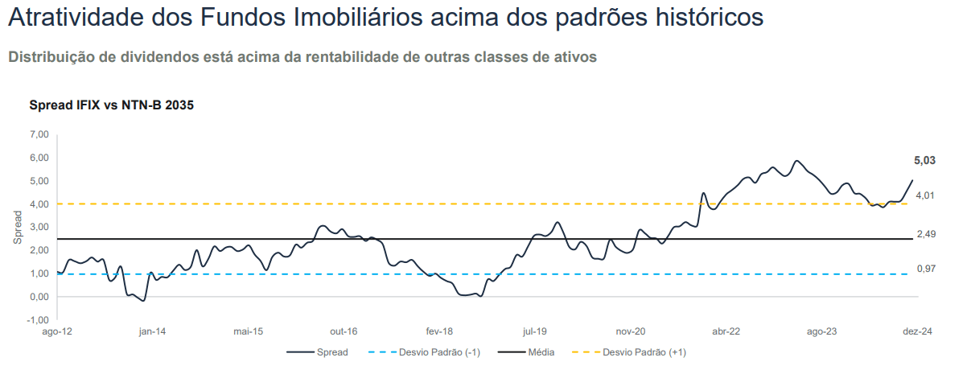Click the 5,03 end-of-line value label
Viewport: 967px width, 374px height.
[x=924, y=161]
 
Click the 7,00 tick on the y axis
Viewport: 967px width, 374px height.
[x=37, y=134]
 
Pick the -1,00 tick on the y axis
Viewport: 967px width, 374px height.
[x=36, y=320]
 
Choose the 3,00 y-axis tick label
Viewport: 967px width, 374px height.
[x=37, y=228]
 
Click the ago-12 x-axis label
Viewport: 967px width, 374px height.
[x=56, y=331]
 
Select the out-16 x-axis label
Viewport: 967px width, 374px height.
[x=344, y=331]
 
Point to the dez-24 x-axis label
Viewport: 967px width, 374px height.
[x=917, y=331]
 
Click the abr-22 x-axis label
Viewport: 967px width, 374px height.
[x=726, y=331]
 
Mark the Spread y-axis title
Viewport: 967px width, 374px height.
[x=18, y=228]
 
